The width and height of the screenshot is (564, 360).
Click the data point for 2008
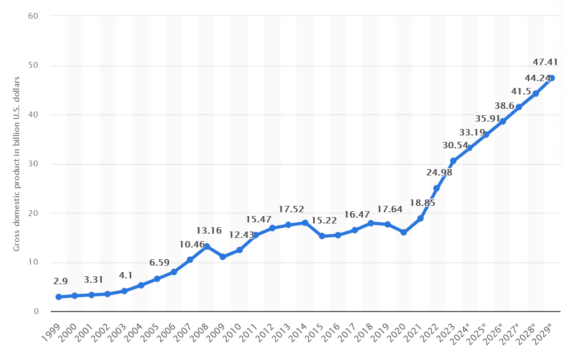point(206,246)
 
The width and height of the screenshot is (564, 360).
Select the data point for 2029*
point(552,78)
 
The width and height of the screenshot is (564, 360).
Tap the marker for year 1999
point(59,297)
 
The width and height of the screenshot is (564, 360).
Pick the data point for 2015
point(322,236)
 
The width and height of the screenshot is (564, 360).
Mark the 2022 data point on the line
point(436,188)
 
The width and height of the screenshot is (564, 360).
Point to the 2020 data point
point(404,232)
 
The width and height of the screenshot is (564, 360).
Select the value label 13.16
point(209,231)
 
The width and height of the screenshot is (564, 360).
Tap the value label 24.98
point(439,173)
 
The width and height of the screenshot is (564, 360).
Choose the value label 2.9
point(61,281)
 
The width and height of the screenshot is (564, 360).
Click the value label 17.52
point(291,210)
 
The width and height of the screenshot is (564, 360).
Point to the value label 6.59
point(159,263)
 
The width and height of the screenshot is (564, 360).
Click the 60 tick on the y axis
point(35,16)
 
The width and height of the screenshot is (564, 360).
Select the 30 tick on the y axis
point(35,164)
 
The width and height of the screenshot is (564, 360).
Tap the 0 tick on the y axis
point(37,311)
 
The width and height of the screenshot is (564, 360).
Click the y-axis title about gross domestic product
point(17,164)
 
